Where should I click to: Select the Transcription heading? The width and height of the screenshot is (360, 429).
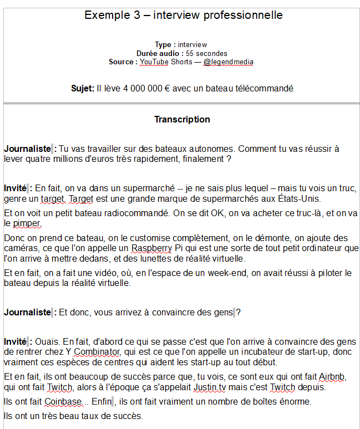pos(182,119)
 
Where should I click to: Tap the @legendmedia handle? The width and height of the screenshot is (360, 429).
pos(229,62)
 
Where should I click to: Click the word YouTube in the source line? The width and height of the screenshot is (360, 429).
pos(154,62)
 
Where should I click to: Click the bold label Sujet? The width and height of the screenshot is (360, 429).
pos(82,88)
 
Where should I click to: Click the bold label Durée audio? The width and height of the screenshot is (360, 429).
pos(160,53)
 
